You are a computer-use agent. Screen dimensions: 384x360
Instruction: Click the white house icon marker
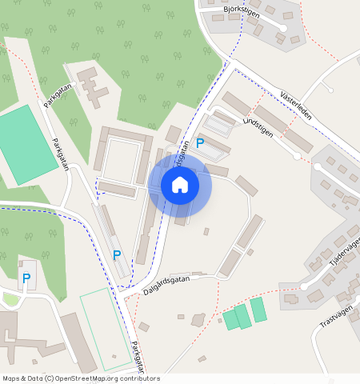(x=180, y=185)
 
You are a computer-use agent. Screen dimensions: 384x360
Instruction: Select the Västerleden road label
(x=296, y=104)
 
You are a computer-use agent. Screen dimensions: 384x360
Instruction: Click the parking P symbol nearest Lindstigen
(x=200, y=143)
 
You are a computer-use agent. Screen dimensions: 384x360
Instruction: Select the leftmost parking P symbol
(x=26, y=278)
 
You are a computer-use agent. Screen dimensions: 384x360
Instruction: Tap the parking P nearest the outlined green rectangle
(x=117, y=255)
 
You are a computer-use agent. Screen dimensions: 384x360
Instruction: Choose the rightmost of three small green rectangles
(x=258, y=310)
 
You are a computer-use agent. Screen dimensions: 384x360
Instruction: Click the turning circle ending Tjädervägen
(x=304, y=286)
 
